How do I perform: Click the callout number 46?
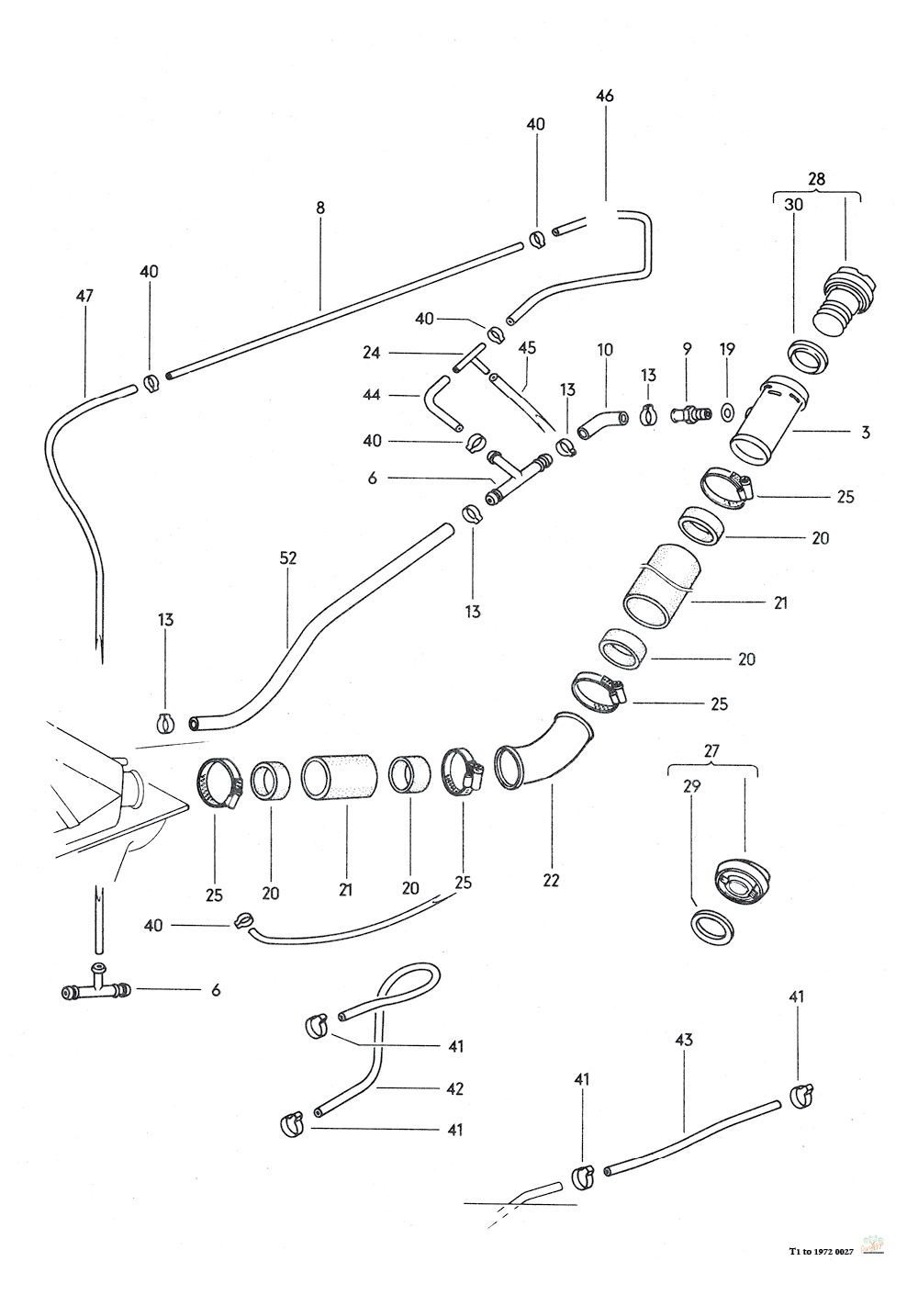click(x=604, y=96)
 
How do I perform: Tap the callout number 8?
click(x=320, y=208)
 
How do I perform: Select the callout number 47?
click(x=84, y=296)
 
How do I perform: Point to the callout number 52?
click(x=290, y=557)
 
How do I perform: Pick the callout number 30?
click(x=793, y=205)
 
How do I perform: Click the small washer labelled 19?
click(x=728, y=410)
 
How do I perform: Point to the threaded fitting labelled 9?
click(x=689, y=414)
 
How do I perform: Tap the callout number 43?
click(x=683, y=1040)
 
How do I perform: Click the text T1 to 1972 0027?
click(x=820, y=1251)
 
